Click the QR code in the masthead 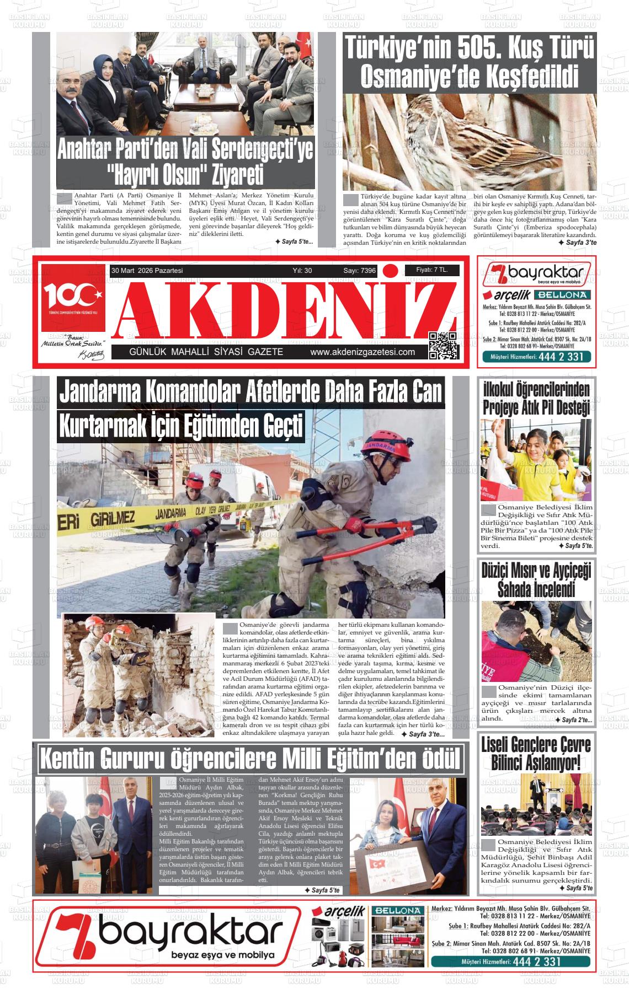pyautogui.click(x=443, y=346)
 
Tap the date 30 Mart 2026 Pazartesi pyautogui.click(x=147, y=271)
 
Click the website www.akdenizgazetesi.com pyautogui.click(x=363, y=352)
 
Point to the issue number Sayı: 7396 pyautogui.click(x=359, y=271)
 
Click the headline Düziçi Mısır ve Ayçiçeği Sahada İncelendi pyautogui.click(x=536, y=579)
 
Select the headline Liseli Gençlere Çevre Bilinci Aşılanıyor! pyautogui.click(x=536, y=754)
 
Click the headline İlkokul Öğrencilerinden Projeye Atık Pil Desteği pyautogui.click(x=536, y=398)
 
